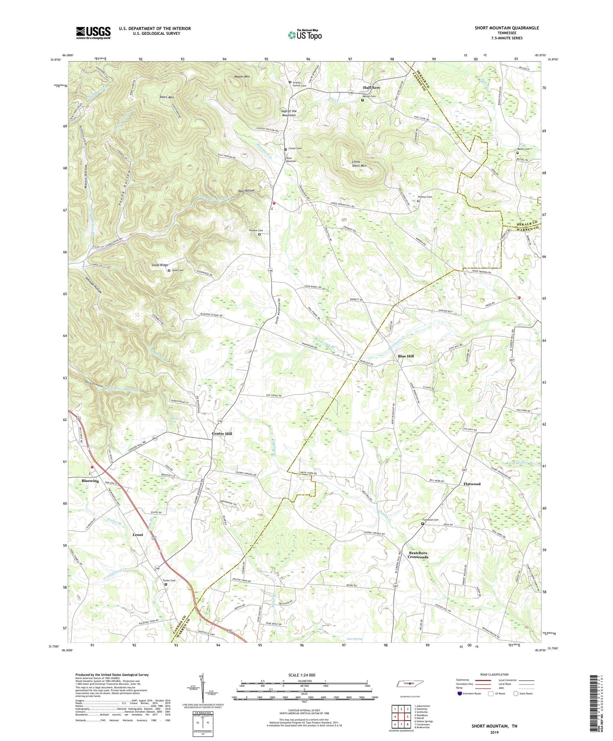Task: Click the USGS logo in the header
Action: pyautogui.click(x=93, y=33)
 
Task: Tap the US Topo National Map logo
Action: pyautogui.click(x=304, y=35)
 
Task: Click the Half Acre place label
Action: pyautogui.click(x=372, y=88)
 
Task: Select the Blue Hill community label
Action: pyautogui.click(x=406, y=356)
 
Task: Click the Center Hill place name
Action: pyautogui.click(x=222, y=434)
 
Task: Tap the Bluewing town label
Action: pyautogui.click(x=90, y=481)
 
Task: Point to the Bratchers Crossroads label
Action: pyautogui.click(x=418, y=555)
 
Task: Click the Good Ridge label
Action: pyautogui.click(x=160, y=265)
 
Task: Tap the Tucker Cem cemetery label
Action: pyautogui.click(x=168, y=581)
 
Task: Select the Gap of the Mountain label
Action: pyautogui.click(x=289, y=113)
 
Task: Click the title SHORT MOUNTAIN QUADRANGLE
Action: pyautogui.click(x=507, y=28)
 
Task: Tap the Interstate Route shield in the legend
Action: pyautogui.click(x=460, y=693)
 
